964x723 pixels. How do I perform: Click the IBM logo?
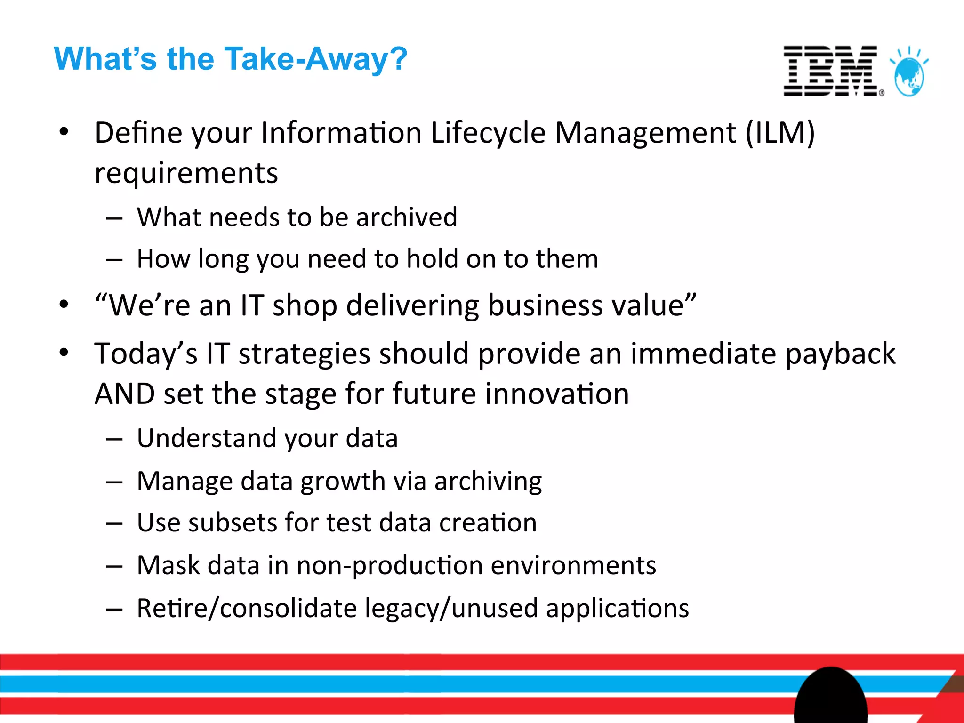(x=831, y=71)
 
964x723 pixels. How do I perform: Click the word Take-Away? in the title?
(x=315, y=59)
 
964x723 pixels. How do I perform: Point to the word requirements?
(x=186, y=173)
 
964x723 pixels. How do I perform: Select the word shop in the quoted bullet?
(x=305, y=305)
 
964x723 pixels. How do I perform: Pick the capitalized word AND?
(x=124, y=394)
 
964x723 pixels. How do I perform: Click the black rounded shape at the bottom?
(x=830, y=697)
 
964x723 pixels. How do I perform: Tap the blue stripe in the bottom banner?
(x=377, y=683)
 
